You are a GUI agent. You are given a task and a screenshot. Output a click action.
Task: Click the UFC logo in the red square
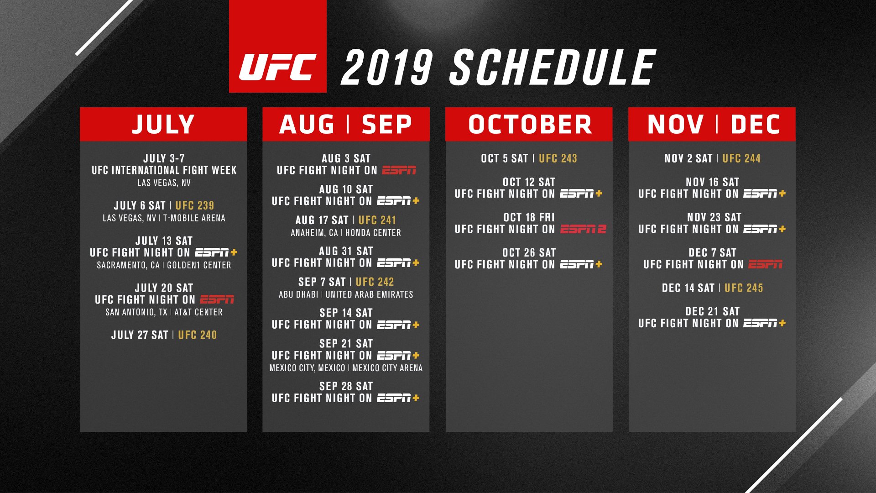(x=278, y=67)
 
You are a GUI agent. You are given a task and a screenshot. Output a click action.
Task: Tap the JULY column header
(x=163, y=124)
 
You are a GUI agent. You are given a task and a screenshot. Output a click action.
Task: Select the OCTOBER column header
(x=530, y=124)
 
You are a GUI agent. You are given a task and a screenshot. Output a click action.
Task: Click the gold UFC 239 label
(x=195, y=205)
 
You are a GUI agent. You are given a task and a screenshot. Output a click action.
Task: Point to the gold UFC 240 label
(x=198, y=335)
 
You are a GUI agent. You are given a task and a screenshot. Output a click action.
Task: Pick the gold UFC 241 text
(x=377, y=220)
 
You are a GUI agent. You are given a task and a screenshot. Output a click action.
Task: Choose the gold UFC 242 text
(x=375, y=282)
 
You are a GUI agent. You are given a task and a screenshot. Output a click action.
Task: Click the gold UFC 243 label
(x=558, y=158)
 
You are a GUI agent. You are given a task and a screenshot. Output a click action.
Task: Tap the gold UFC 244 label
(x=741, y=158)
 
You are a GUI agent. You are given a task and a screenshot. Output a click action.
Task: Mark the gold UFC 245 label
(x=744, y=288)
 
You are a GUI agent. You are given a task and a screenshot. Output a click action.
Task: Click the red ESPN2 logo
(x=583, y=229)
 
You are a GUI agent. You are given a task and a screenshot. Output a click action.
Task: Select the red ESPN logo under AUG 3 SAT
(x=399, y=170)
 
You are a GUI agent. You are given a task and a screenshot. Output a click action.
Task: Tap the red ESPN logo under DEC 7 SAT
(x=766, y=264)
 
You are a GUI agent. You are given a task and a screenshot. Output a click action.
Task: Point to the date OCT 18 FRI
(x=529, y=217)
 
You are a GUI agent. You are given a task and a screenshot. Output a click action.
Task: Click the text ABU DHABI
(x=298, y=294)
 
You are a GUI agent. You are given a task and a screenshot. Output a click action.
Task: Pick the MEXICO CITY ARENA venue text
(x=387, y=368)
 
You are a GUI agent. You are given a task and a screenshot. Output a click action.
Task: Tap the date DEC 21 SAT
(x=712, y=312)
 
